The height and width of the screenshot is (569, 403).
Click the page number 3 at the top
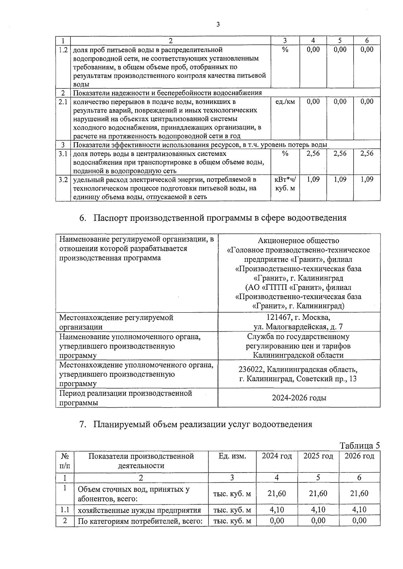(218, 24)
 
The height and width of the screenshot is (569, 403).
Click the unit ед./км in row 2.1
(285, 101)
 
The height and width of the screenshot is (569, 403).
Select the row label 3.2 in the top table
(63, 179)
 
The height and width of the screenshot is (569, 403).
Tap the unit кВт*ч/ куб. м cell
(285, 184)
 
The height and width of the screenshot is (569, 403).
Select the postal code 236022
(251, 369)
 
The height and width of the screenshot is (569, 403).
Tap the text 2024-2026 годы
(299, 398)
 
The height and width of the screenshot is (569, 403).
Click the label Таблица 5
(360, 446)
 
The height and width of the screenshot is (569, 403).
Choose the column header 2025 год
(318, 456)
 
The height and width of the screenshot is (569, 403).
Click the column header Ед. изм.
(232, 456)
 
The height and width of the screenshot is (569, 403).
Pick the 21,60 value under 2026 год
(359, 493)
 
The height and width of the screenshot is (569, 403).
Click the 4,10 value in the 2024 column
(277, 510)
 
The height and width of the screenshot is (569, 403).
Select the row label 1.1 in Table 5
(65, 510)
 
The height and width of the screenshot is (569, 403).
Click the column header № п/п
(65, 461)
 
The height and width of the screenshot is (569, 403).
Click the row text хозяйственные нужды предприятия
(139, 510)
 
